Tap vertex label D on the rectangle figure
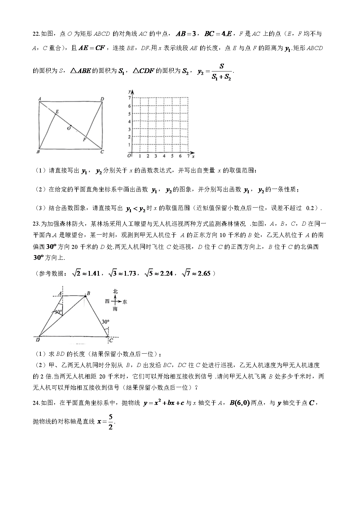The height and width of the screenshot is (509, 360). (102, 99)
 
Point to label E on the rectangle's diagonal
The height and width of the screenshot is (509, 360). (57, 111)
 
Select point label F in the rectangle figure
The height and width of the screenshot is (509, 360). (84, 140)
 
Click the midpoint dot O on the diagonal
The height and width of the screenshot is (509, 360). (71, 126)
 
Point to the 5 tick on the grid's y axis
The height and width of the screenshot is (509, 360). (129, 114)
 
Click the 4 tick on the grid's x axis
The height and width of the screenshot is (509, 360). (164, 156)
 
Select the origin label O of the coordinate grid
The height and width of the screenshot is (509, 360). (129, 155)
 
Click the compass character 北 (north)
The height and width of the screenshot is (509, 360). (115, 291)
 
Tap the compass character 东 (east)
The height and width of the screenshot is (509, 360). (125, 301)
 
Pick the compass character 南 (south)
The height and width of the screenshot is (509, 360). (115, 309)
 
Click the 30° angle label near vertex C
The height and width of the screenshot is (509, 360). (105, 322)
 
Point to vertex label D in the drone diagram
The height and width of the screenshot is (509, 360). (38, 340)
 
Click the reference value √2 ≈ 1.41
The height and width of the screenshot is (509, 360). (86, 273)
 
